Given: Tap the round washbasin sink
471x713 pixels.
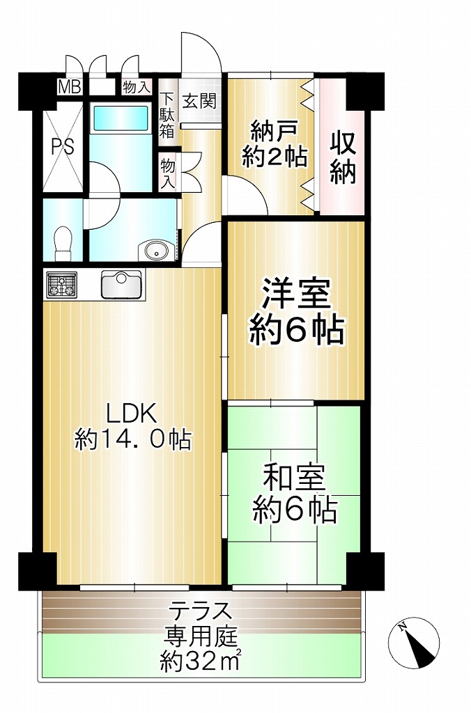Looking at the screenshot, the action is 156,250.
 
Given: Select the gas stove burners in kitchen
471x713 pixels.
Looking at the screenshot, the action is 61,285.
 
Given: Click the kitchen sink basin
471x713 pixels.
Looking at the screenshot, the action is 121,284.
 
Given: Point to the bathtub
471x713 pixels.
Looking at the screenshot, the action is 121,118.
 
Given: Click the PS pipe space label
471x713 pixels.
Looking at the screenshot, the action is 62,146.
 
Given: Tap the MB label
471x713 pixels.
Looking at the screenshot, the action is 69,87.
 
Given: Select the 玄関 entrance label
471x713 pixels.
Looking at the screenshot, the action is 199,100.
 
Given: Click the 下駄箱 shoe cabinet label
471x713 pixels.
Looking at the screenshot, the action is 167,115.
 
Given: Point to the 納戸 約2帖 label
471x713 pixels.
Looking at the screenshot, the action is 274,145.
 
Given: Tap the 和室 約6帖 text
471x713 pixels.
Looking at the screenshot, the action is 295,494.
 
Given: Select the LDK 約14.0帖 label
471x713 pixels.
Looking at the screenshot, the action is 132,426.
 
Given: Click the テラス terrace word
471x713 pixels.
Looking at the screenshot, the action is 200,611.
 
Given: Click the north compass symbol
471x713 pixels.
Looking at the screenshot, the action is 414,643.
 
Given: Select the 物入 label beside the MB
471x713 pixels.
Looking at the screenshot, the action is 137,87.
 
